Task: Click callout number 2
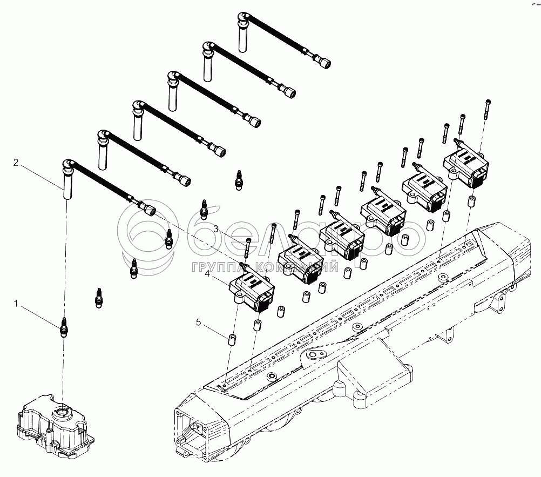(x=16, y=162)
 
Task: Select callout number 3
(x=215, y=230)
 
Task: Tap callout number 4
(x=207, y=273)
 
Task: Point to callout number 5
(x=199, y=323)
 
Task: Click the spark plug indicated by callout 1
(x=64, y=327)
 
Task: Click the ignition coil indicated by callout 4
(x=251, y=292)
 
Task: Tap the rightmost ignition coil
(x=467, y=165)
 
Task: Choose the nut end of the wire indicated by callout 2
(x=148, y=207)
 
